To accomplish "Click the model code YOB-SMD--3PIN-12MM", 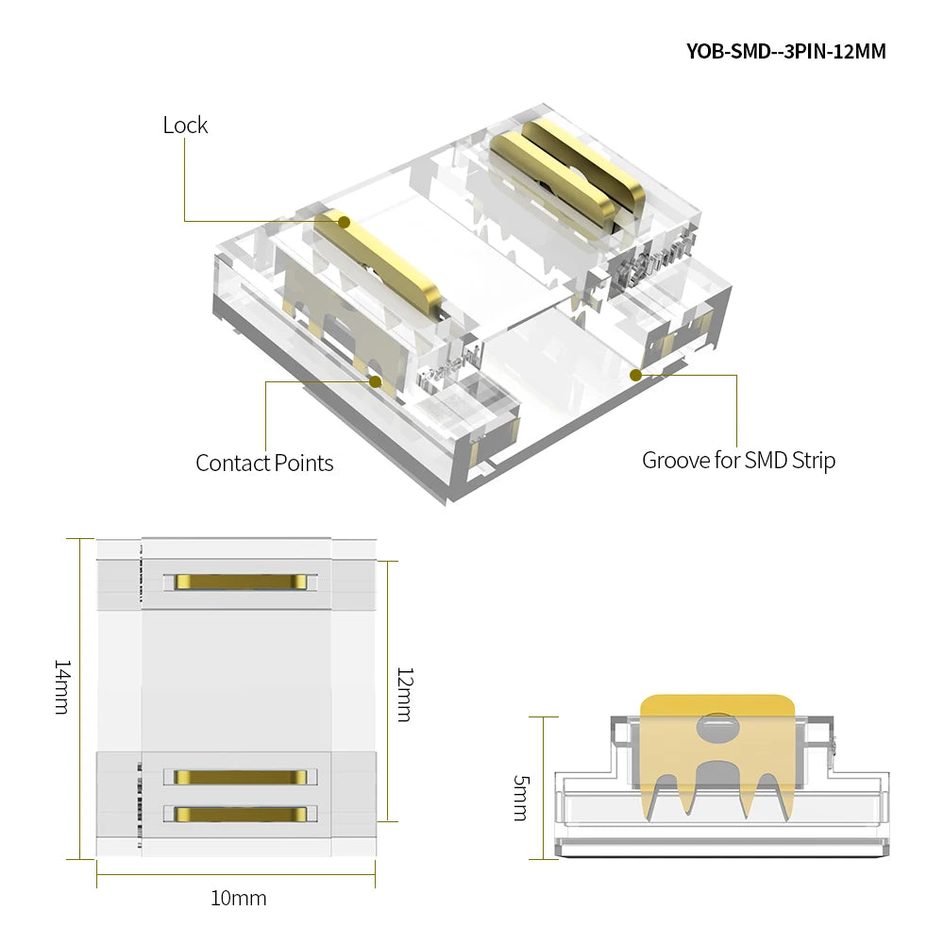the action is coord(785,51).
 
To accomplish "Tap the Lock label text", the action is coord(185,126).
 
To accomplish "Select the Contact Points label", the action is coord(264,463).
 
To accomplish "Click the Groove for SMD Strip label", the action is coord(739,461).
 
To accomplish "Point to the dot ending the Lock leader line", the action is coord(345,222).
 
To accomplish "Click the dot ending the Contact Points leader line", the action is coord(376,381).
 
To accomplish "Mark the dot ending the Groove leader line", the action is coord(635,375).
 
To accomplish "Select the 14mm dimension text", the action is coord(62,687).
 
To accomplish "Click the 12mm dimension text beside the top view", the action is coord(405,694).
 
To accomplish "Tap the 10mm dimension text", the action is coord(239,899).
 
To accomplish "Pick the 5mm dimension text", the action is coord(521,798).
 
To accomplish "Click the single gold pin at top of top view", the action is coord(241,582).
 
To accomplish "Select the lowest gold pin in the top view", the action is coord(241,815).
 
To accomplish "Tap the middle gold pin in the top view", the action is coord(241,777).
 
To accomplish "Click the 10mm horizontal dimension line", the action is coord(236,874).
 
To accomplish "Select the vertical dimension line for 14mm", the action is coord(80,699).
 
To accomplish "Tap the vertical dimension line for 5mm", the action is coord(544,788).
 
